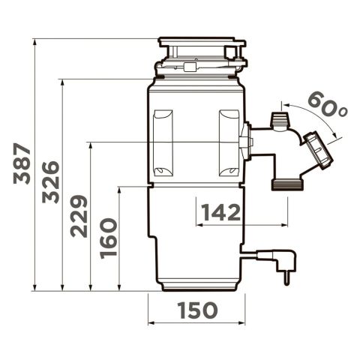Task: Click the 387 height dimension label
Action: point(22,163)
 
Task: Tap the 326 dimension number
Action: point(51,182)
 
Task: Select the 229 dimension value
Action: point(79,216)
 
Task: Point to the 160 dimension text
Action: point(109,238)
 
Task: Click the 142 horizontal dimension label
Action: point(221,212)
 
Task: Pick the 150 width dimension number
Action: point(198,310)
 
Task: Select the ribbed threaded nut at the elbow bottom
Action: point(288,184)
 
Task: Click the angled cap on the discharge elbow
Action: point(318,151)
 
